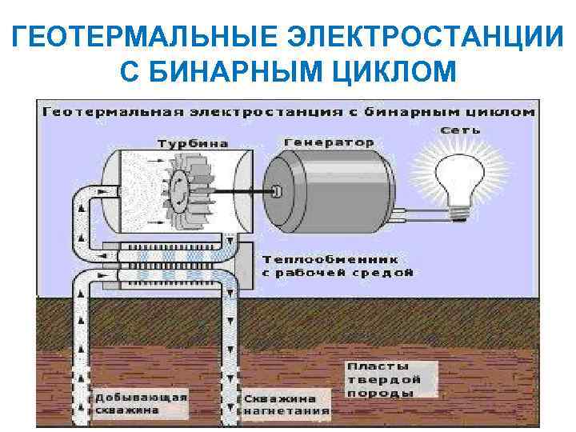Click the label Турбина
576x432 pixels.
192,143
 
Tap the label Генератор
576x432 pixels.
329,142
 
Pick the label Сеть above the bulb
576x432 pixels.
463,130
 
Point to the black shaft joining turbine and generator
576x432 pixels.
240,193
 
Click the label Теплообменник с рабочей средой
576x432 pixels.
336,266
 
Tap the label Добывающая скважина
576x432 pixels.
141,403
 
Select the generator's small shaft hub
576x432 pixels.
276,192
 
